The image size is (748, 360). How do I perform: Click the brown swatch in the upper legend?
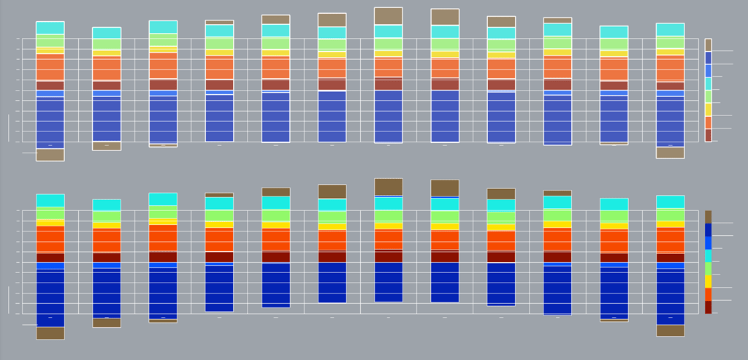[x=708, y=45]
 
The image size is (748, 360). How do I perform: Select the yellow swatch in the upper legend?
[x=708, y=110]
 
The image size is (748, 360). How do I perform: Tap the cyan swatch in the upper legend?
[x=708, y=83]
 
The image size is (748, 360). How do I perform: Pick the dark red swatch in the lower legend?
[x=708, y=307]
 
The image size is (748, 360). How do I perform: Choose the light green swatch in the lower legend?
[x=708, y=269]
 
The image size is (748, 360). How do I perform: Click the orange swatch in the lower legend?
[x=708, y=294]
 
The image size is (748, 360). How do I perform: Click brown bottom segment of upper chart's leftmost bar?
[x=50, y=155]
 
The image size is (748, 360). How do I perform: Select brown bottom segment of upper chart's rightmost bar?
[x=670, y=153]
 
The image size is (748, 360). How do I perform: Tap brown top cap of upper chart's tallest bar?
[x=388, y=16]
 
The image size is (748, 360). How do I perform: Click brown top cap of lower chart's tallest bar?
[x=388, y=186]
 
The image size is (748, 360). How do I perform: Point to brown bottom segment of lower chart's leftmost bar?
[x=50, y=333]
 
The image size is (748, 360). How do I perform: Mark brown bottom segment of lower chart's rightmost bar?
[x=670, y=330]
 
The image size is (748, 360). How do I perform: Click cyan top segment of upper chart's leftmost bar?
[x=50, y=28]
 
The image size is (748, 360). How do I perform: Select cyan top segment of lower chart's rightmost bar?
[x=670, y=202]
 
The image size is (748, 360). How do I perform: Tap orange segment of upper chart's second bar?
[x=106, y=69]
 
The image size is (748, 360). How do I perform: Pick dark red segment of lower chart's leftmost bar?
[x=50, y=258]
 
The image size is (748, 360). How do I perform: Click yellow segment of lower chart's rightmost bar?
[x=670, y=224]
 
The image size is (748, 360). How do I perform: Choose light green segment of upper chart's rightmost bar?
[x=670, y=42]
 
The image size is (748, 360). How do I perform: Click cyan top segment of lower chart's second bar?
[x=106, y=205]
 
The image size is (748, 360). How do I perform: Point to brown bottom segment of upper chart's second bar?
[x=106, y=146]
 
